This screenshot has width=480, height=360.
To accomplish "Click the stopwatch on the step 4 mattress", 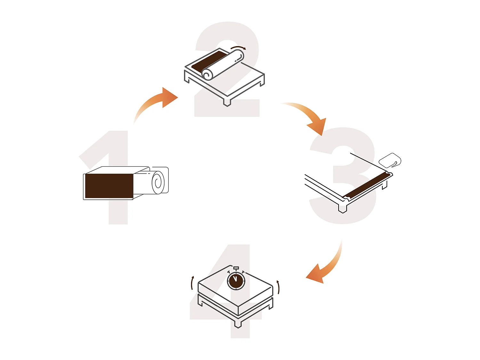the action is click(236, 278).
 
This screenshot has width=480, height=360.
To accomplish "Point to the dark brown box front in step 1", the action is click(109, 186).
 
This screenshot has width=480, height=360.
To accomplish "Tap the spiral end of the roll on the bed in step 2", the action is click(207, 74).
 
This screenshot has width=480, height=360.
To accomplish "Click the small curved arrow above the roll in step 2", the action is click(238, 47).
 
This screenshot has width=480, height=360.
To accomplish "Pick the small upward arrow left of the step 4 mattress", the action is click(192, 283).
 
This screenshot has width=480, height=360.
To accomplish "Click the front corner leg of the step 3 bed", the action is click(342, 208).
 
